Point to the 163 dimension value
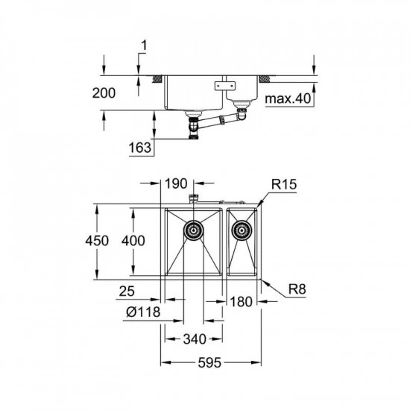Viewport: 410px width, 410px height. [139, 148]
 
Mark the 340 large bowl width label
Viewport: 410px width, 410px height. [195, 340]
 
